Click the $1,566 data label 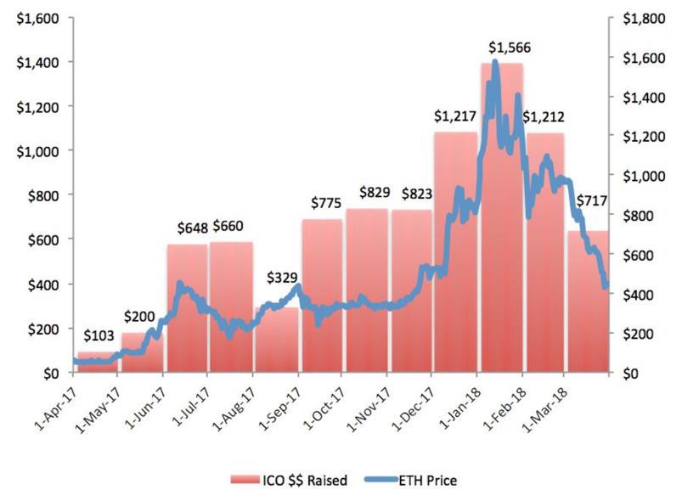tap(510, 48)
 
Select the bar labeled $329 tap(277, 341)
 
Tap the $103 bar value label tap(99, 335)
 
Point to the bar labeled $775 tap(322, 296)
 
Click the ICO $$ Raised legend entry tap(290, 480)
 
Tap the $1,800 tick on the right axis tap(644, 19)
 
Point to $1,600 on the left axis tap(37, 19)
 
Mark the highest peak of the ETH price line tap(494, 61)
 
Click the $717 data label tap(591, 201)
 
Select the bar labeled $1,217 tap(455, 252)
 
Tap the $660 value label tap(228, 226)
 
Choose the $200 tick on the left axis tap(43, 329)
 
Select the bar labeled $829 tap(367, 291)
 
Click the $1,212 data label tap(544, 117)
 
